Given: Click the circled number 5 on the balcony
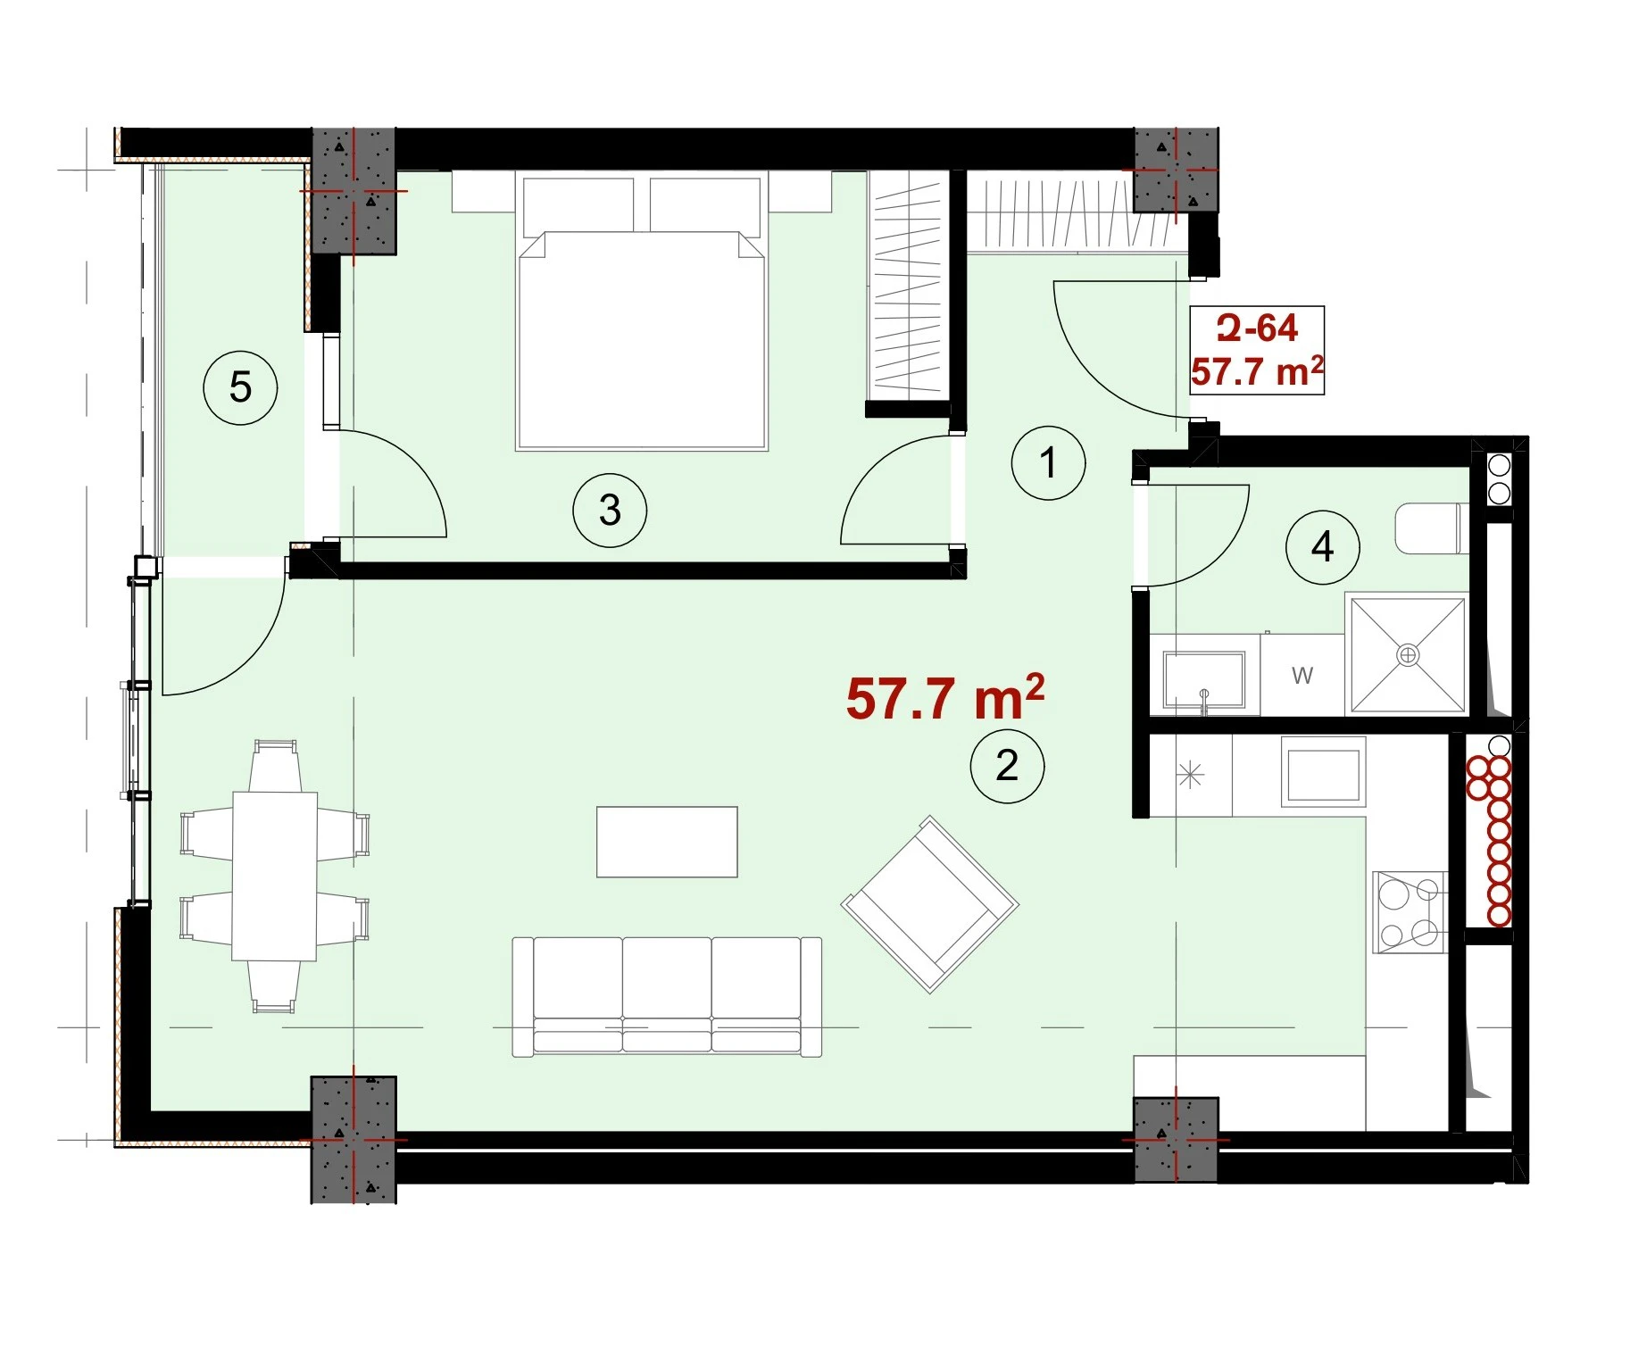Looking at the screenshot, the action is (240, 387).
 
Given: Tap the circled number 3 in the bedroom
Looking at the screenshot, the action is (610, 510).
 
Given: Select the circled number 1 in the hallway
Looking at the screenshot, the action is (1048, 462).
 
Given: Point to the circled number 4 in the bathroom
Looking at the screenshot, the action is (1322, 546).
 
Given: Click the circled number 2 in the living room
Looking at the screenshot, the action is (1007, 765).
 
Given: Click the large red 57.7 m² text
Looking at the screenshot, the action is (945, 697).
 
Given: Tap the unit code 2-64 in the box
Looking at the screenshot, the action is (1257, 328).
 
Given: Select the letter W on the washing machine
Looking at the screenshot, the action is (1302, 676).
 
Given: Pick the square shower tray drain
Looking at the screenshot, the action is (1408, 655).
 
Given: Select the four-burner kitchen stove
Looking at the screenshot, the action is (1409, 912).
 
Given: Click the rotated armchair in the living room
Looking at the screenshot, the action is (930, 904).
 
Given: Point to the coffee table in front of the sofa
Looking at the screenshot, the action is (667, 842).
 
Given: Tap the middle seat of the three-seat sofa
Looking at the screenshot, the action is (667, 996).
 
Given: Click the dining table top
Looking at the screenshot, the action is (274, 876).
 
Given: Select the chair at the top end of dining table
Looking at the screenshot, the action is (274, 765).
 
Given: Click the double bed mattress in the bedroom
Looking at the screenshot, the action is (642, 340).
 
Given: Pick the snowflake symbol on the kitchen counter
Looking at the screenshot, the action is (1191, 774).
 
